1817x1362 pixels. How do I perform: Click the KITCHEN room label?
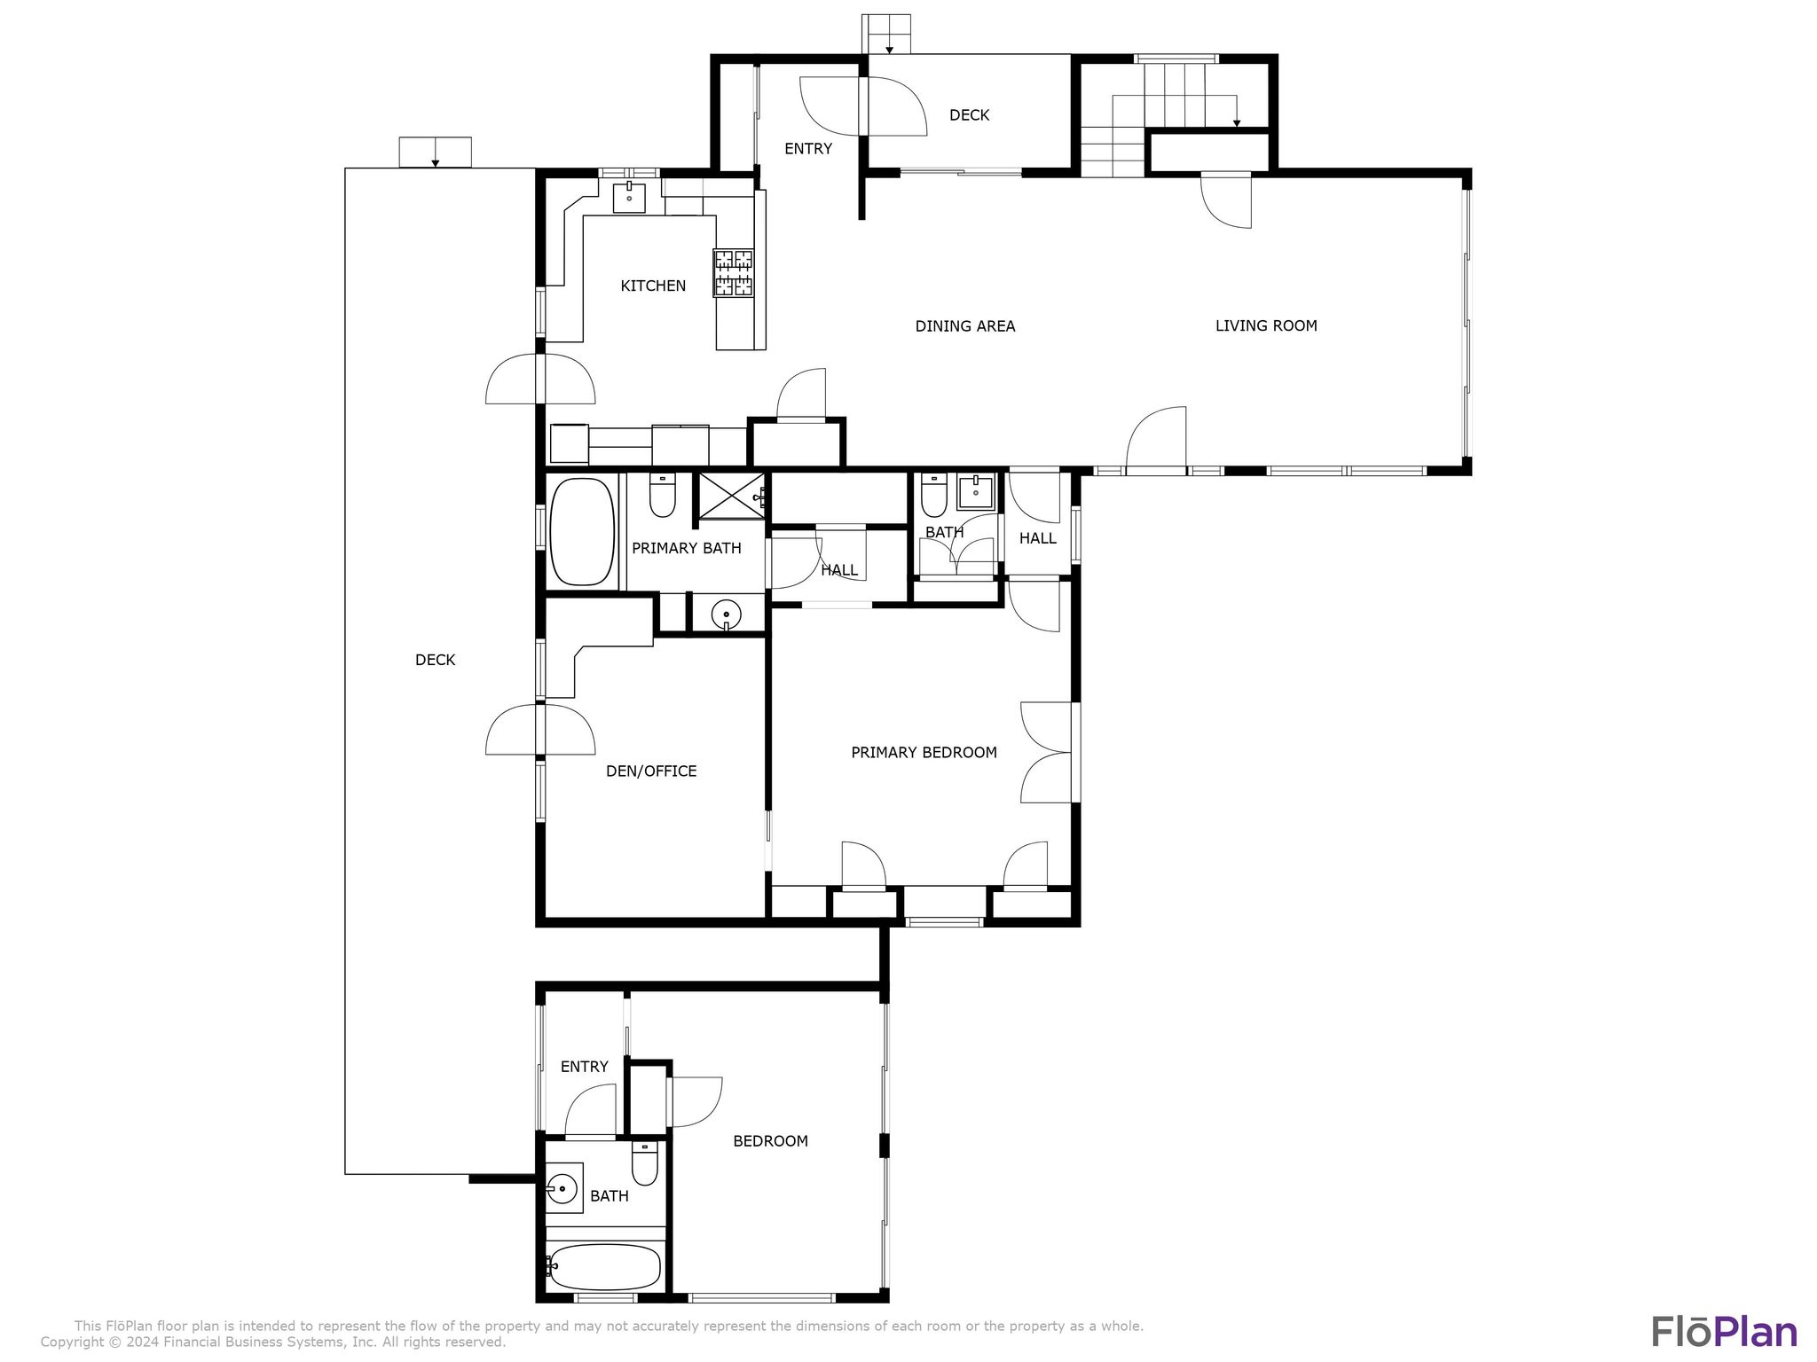tap(653, 286)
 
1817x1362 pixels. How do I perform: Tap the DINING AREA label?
tap(965, 326)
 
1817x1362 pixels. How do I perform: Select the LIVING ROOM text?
tap(1266, 325)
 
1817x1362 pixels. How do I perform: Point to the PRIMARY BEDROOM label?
tap(924, 752)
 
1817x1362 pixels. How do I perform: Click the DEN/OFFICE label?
tap(651, 771)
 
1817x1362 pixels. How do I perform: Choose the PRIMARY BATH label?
tap(687, 548)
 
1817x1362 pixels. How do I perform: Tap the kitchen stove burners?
tap(734, 272)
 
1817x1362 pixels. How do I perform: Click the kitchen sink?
tap(629, 197)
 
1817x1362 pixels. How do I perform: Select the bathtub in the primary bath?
tap(583, 532)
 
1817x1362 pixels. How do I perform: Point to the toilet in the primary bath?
tap(663, 496)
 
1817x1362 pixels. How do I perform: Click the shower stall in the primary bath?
tap(732, 496)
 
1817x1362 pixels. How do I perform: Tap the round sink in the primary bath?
tap(727, 614)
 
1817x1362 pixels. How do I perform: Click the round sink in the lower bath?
tap(562, 1187)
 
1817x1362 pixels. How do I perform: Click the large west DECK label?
tap(435, 660)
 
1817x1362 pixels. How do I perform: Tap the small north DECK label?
tap(969, 115)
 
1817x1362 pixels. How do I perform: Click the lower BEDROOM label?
tap(770, 1141)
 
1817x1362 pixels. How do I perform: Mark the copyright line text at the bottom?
tap(273, 1342)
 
